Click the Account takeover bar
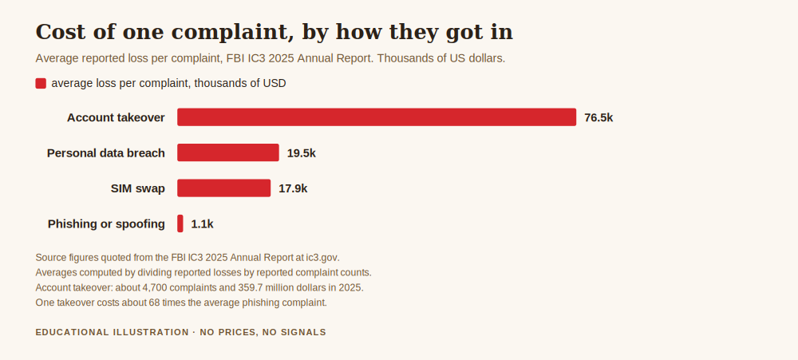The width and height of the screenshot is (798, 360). [377, 117]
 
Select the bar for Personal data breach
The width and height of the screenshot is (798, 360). [228, 152]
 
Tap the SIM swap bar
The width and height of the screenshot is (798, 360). [224, 188]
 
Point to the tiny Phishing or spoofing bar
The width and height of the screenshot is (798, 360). [180, 224]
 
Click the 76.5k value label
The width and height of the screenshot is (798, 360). [598, 117]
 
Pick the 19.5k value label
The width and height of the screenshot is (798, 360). [302, 153]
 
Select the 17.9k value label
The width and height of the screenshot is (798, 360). [293, 189]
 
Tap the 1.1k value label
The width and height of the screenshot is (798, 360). [202, 224]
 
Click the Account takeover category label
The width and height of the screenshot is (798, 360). [116, 117]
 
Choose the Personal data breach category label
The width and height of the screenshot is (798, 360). [106, 153]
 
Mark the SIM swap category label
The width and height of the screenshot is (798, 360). [138, 189]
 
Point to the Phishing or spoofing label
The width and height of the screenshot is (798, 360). [106, 224]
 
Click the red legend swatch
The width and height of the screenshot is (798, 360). [41, 83]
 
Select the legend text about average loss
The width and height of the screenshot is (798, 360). [169, 84]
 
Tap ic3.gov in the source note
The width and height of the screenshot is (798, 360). [322, 258]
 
